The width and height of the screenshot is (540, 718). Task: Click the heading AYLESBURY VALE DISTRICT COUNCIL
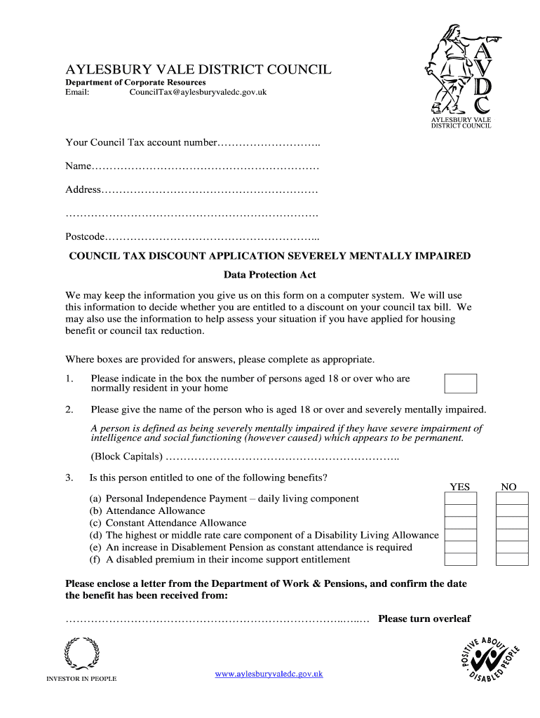click(x=198, y=69)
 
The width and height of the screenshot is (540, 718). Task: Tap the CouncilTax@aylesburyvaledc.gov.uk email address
click(x=198, y=92)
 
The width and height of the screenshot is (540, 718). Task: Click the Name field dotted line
click(x=205, y=167)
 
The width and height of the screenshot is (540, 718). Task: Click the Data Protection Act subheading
click(x=269, y=275)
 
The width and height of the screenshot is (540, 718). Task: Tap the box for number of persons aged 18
click(x=460, y=384)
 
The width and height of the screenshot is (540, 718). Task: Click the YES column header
click(x=459, y=487)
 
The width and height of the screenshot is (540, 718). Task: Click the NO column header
click(x=508, y=487)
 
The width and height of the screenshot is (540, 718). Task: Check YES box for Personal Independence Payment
click(x=460, y=499)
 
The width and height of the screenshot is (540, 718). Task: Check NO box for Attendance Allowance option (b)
click(x=511, y=510)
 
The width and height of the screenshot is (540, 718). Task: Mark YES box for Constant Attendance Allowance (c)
click(x=460, y=523)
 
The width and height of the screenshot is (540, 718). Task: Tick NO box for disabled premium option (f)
click(x=511, y=560)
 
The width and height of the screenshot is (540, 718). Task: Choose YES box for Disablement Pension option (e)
click(x=460, y=548)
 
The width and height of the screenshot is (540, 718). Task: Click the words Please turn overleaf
click(x=424, y=618)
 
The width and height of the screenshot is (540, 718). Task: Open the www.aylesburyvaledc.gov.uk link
click(x=269, y=674)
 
